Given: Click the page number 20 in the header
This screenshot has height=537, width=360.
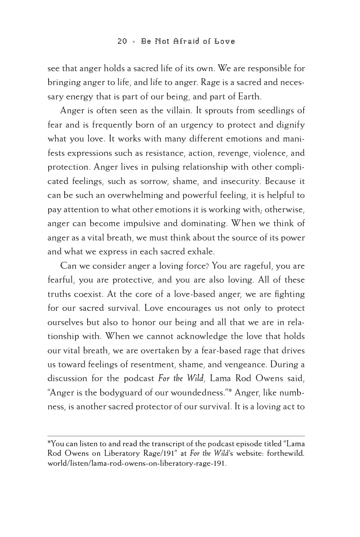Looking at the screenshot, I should (x=122, y=41).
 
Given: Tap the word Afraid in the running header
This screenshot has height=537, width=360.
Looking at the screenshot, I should (x=188, y=41).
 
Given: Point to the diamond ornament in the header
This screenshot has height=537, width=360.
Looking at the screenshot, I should (x=134, y=42).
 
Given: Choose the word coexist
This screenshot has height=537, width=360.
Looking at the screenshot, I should (x=87, y=294).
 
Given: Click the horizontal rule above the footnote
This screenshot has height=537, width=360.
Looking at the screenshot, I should (x=176, y=436).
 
